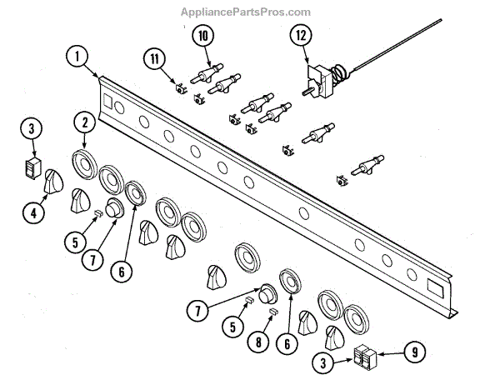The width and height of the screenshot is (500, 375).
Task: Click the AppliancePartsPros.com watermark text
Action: (245, 12)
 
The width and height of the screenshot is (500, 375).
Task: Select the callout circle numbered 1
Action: (76, 57)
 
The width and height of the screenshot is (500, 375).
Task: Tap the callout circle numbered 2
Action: (83, 122)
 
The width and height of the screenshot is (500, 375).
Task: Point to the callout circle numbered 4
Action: (32, 212)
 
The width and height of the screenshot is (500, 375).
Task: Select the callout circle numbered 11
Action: (153, 60)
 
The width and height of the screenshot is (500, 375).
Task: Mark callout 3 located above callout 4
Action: (31, 128)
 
